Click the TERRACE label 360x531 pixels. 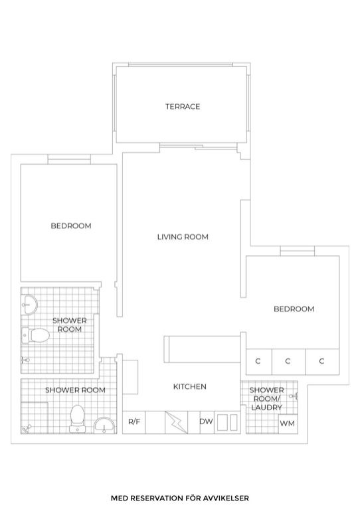coord(183,107)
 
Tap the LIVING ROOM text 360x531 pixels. coord(183,237)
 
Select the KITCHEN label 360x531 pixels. coord(190,387)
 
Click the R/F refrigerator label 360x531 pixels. coord(134,422)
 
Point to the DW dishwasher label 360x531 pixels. coord(206,421)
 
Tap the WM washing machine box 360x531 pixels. coord(288,424)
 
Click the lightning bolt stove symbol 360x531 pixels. coord(176,422)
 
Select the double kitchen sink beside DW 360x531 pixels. coord(227,422)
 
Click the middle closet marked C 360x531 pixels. coord(288,362)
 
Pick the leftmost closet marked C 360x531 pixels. coord(258,362)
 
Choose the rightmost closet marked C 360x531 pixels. coord(322,362)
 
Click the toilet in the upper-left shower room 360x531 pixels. coord(36,335)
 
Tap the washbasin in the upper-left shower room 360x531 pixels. coord(29,305)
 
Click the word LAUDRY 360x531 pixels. coord(266,408)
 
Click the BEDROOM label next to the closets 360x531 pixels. coord(294,309)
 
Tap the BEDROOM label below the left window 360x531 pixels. coord(71,226)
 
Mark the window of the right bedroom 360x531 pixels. coord(298,251)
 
